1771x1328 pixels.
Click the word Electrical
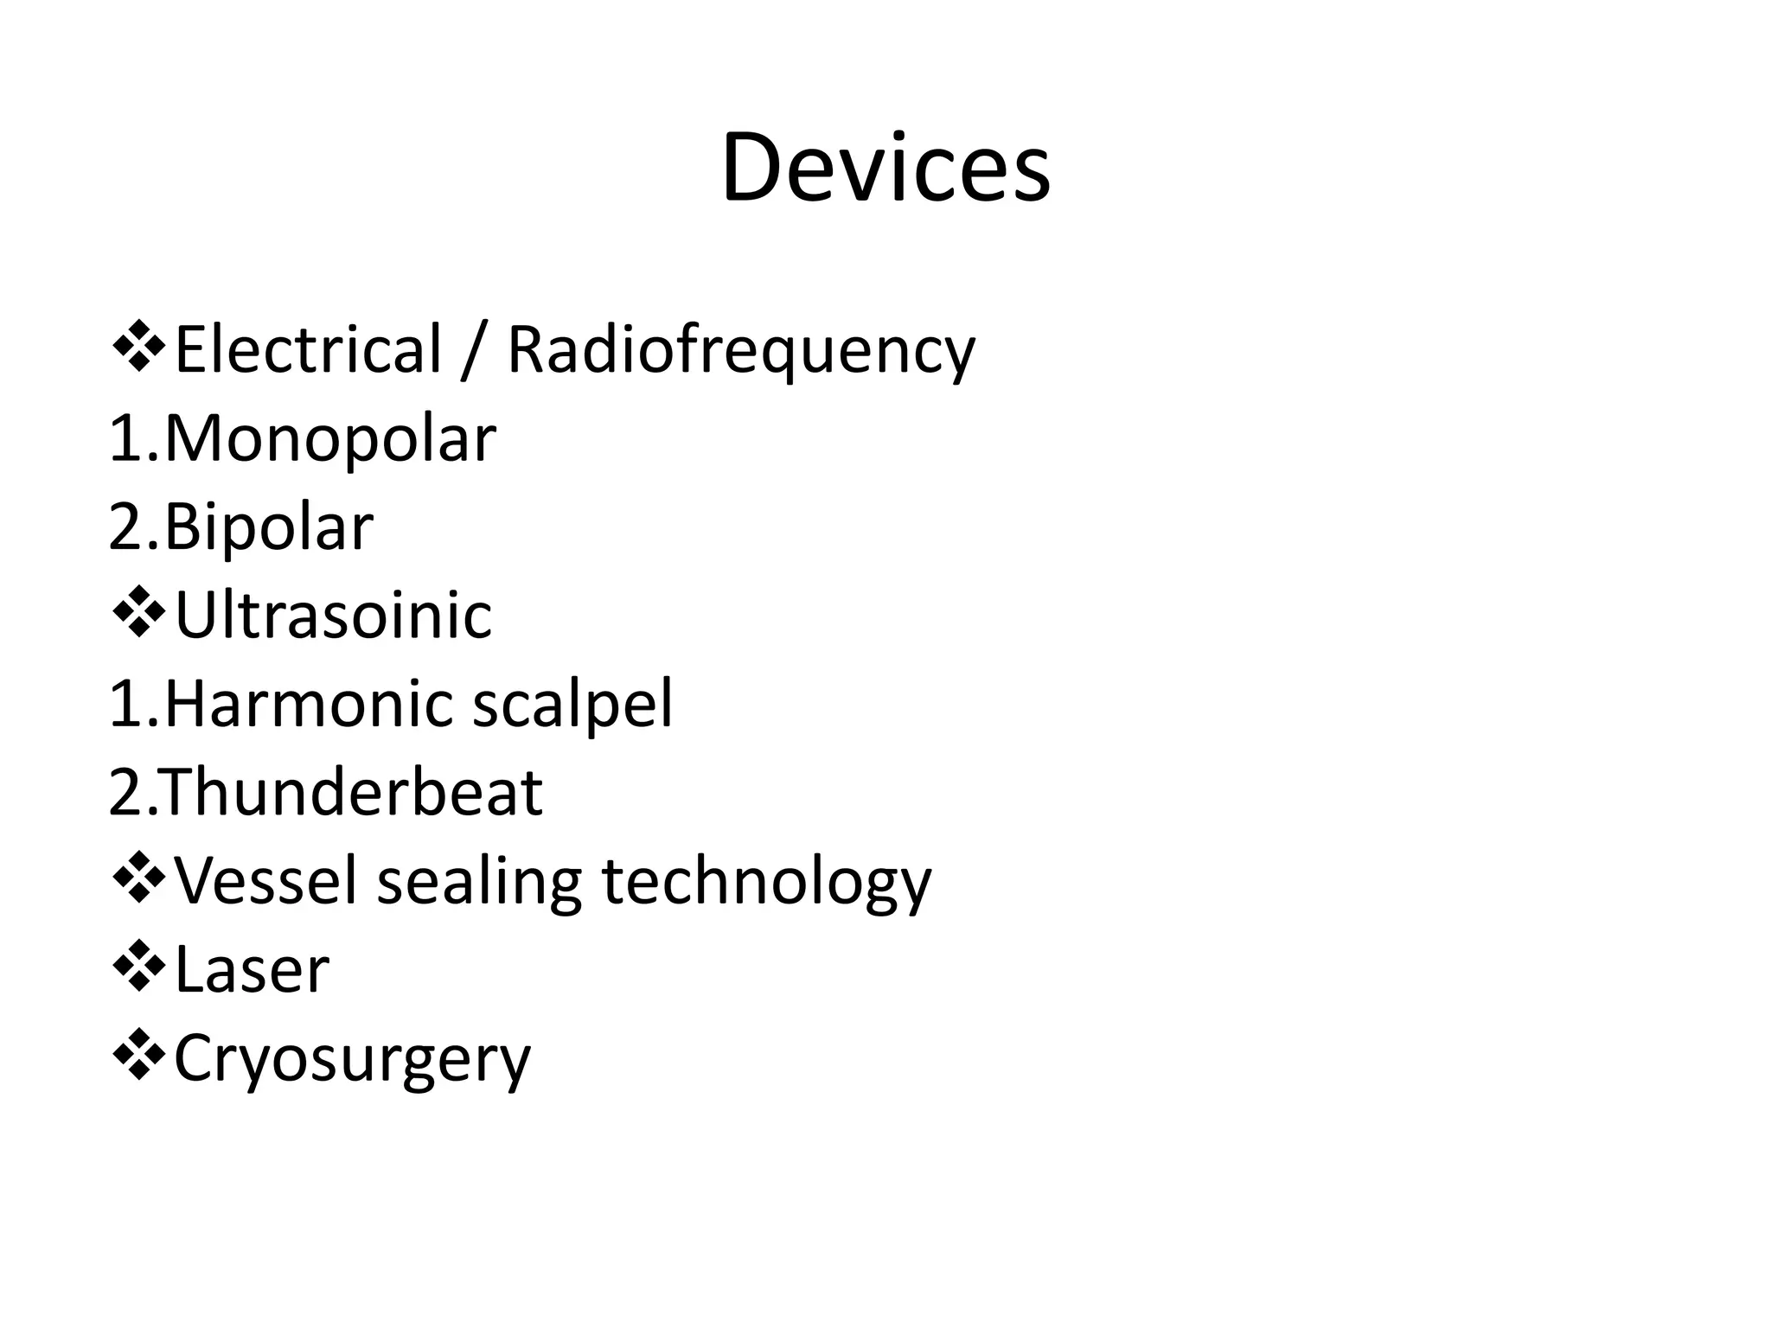(x=308, y=349)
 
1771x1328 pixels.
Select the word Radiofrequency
(x=740, y=351)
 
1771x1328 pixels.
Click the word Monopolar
(x=329, y=439)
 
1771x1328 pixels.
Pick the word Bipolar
(x=268, y=527)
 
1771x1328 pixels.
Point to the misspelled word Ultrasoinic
(x=333, y=616)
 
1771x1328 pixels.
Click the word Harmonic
(x=307, y=704)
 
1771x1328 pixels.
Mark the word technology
(x=766, y=883)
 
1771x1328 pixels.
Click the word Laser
(x=252, y=970)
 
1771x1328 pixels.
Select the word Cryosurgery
(x=352, y=1060)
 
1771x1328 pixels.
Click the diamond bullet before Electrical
(x=138, y=348)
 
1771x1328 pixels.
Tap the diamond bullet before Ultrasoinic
(x=138, y=613)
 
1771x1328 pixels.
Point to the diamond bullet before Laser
(x=138, y=967)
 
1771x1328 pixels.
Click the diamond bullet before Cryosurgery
(x=138, y=1056)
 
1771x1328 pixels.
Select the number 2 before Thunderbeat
(x=125, y=793)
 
